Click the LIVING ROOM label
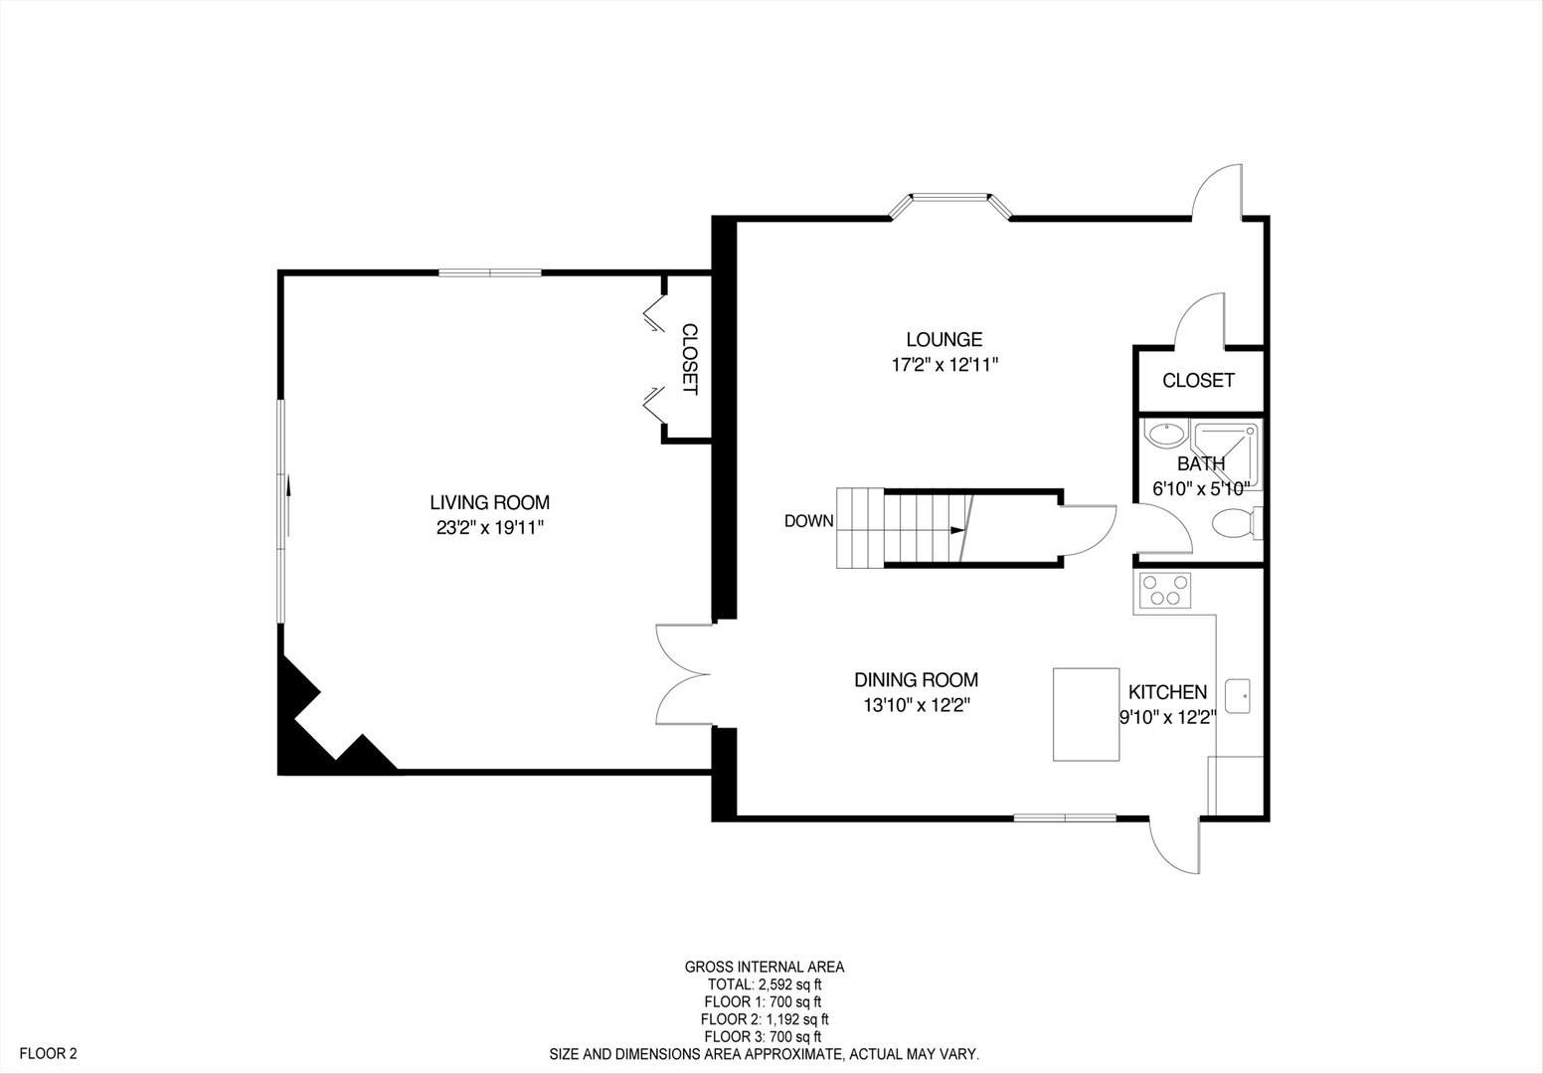point(489,503)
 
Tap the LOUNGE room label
point(943,339)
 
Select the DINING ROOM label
point(916,680)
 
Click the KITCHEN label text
point(1167,692)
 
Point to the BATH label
point(1201,463)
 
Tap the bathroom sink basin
point(1164,435)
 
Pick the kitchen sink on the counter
point(1238,695)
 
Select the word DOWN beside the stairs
point(808,521)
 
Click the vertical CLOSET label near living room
point(689,359)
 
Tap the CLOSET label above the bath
point(1198,380)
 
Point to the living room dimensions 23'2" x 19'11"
point(489,528)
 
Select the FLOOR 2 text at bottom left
point(49,1053)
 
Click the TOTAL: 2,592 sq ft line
point(764,984)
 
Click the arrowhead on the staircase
point(957,530)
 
